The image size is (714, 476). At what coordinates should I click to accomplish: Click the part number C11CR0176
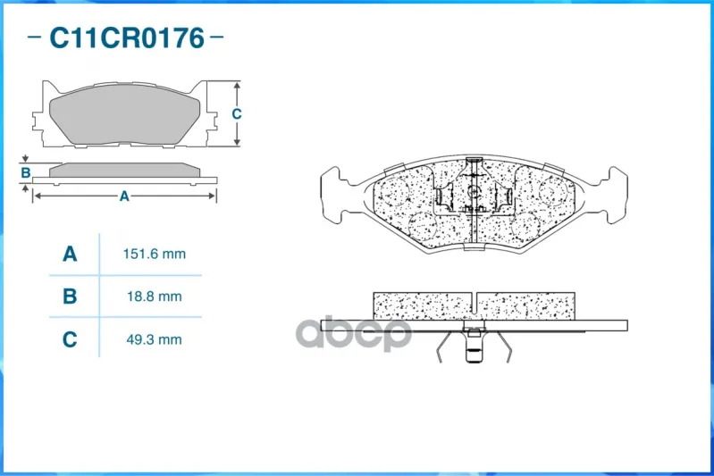point(127,38)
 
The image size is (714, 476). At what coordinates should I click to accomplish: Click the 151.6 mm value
point(155,254)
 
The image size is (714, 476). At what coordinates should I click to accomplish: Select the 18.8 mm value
point(155,296)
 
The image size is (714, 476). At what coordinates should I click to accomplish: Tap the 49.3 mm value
point(155,339)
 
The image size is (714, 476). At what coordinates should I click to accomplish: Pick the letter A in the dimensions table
point(70,254)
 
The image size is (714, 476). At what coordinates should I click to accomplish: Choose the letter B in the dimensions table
point(70,296)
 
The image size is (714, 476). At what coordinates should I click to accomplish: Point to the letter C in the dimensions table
point(70,339)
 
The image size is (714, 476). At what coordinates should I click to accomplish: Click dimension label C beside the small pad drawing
point(236,113)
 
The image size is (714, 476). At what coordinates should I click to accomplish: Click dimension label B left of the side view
point(26,173)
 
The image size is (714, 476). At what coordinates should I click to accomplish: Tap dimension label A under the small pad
point(124,196)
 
